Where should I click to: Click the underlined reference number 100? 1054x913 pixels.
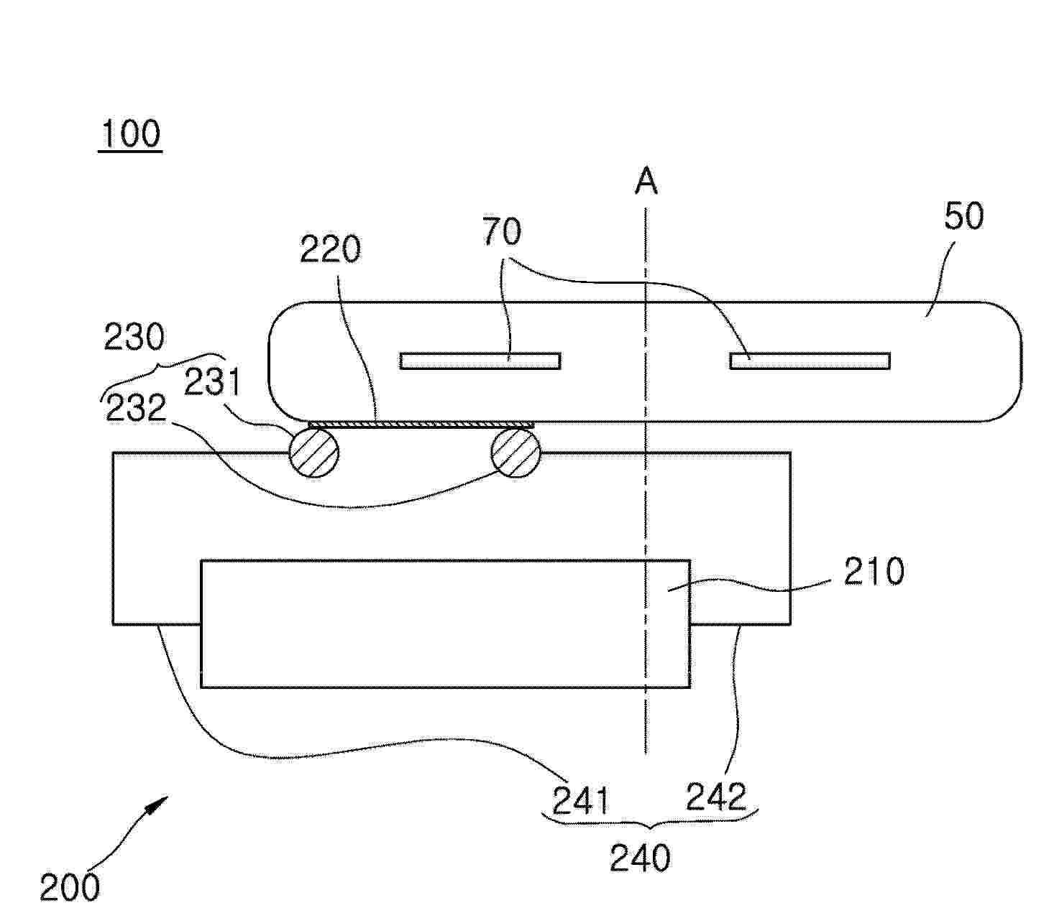(x=131, y=134)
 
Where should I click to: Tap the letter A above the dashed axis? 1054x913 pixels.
(x=646, y=181)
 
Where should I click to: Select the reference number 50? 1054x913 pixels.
(x=963, y=216)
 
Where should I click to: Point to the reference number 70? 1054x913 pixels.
(x=503, y=232)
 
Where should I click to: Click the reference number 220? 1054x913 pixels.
(x=330, y=250)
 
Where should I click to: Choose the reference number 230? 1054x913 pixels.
(x=134, y=337)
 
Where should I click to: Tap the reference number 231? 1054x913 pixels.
(x=211, y=382)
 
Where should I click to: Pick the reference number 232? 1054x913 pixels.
(x=136, y=408)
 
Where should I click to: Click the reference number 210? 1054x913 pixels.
(x=874, y=572)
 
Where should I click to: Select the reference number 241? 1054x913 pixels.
(x=581, y=801)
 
